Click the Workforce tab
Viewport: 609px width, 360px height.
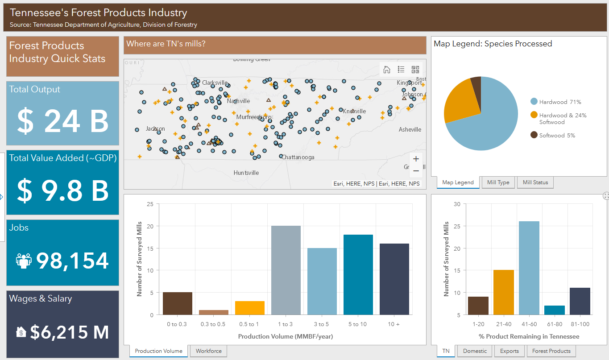click(209, 351)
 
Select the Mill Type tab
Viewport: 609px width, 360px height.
click(498, 182)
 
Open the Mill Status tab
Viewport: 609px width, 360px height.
click(535, 182)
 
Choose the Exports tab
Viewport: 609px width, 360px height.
click(509, 351)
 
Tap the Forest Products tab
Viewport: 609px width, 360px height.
click(551, 351)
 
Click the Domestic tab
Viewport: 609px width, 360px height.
click(475, 351)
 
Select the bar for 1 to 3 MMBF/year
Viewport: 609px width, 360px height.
click(286, 270)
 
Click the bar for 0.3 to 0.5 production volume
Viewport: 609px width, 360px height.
click(214, 312)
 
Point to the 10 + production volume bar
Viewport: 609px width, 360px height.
click(394, 279)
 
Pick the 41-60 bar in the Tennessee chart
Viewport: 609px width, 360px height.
click(529, 268)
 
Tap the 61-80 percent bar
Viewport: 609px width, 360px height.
click(555, 310)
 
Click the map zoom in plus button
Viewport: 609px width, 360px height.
click(416, 159)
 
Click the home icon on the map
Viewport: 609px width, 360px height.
click(387, 70)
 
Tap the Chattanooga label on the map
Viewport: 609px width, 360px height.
click(298, 157)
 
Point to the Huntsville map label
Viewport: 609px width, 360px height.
click(246, 173)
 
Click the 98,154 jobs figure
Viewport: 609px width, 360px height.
click(72, 261)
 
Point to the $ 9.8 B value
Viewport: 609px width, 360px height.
click(63, 191)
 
